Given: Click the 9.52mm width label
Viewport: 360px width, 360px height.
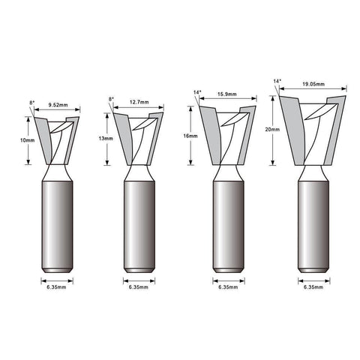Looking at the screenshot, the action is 58,105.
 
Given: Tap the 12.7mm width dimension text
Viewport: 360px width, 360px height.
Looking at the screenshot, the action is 139,102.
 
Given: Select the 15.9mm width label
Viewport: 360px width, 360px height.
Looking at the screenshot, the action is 226,94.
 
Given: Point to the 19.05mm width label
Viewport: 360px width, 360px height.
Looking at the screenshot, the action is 313,84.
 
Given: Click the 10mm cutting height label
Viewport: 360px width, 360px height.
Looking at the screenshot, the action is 27,140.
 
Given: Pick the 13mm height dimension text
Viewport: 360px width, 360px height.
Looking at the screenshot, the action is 106,139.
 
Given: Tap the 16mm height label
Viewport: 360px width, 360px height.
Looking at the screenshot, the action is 190,136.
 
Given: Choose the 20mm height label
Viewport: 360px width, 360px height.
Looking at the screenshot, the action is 272,130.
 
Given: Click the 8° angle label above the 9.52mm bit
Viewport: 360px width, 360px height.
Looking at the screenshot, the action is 31,103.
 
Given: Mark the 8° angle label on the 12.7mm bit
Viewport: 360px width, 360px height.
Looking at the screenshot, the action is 111,99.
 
